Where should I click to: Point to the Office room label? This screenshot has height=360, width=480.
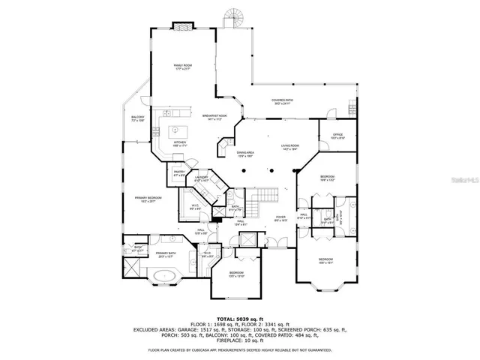point(337,136)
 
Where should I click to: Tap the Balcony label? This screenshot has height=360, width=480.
point(137,118)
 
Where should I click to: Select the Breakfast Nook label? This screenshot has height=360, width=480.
point(214,117)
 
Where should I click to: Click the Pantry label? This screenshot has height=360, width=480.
point(179,173)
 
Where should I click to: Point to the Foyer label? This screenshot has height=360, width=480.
point(280,219)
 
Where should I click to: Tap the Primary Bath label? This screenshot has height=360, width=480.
point(166,255)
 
